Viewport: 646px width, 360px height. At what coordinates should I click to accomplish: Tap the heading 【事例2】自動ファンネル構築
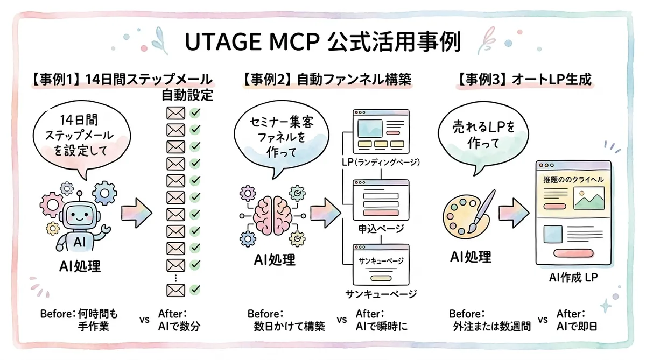pos(327,81)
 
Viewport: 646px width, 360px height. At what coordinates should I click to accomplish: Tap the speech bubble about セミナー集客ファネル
pos(281,138)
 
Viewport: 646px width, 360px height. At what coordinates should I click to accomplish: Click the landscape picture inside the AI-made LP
pos(588,199)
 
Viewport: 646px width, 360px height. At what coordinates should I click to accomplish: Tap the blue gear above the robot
pos(103,192)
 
